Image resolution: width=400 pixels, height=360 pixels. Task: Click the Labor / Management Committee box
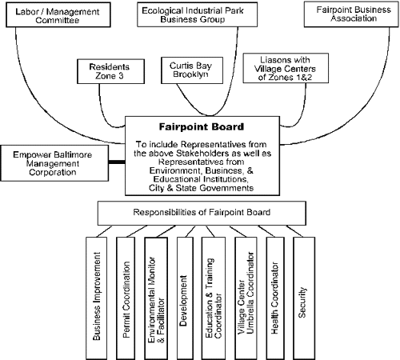point(58,14)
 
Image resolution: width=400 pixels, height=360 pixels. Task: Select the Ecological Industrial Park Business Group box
point(197,14)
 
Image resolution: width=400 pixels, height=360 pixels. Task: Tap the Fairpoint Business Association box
point(351,14)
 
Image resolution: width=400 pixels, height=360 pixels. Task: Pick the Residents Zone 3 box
point(110,71)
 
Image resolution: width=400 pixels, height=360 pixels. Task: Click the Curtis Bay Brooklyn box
point(192,70)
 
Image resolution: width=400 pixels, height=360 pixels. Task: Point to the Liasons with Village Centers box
point(286,68)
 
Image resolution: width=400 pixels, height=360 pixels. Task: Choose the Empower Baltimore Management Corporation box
point(54,163)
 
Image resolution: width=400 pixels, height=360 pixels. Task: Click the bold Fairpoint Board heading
point(202,126)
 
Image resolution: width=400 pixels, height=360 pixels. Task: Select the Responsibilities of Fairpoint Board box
point(202,213)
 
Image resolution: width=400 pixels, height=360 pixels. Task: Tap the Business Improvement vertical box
point(97,298)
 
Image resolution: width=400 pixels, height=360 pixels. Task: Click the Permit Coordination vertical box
point(126,298)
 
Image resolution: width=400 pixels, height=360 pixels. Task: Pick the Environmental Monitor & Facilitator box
point(156,298)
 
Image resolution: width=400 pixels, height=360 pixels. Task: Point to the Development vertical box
point(185,298)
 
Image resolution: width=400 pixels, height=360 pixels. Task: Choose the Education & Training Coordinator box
point(214,298)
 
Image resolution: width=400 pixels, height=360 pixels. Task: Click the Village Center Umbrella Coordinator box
point(246,298)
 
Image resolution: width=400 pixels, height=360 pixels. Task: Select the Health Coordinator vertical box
point(275,298)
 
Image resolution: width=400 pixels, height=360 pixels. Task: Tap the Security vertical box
point(304,298)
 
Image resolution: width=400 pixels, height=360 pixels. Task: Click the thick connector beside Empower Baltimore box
point(117,162)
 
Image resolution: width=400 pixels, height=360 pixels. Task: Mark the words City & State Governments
point(201,188)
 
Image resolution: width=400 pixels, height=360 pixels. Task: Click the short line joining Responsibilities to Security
point(294,231)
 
